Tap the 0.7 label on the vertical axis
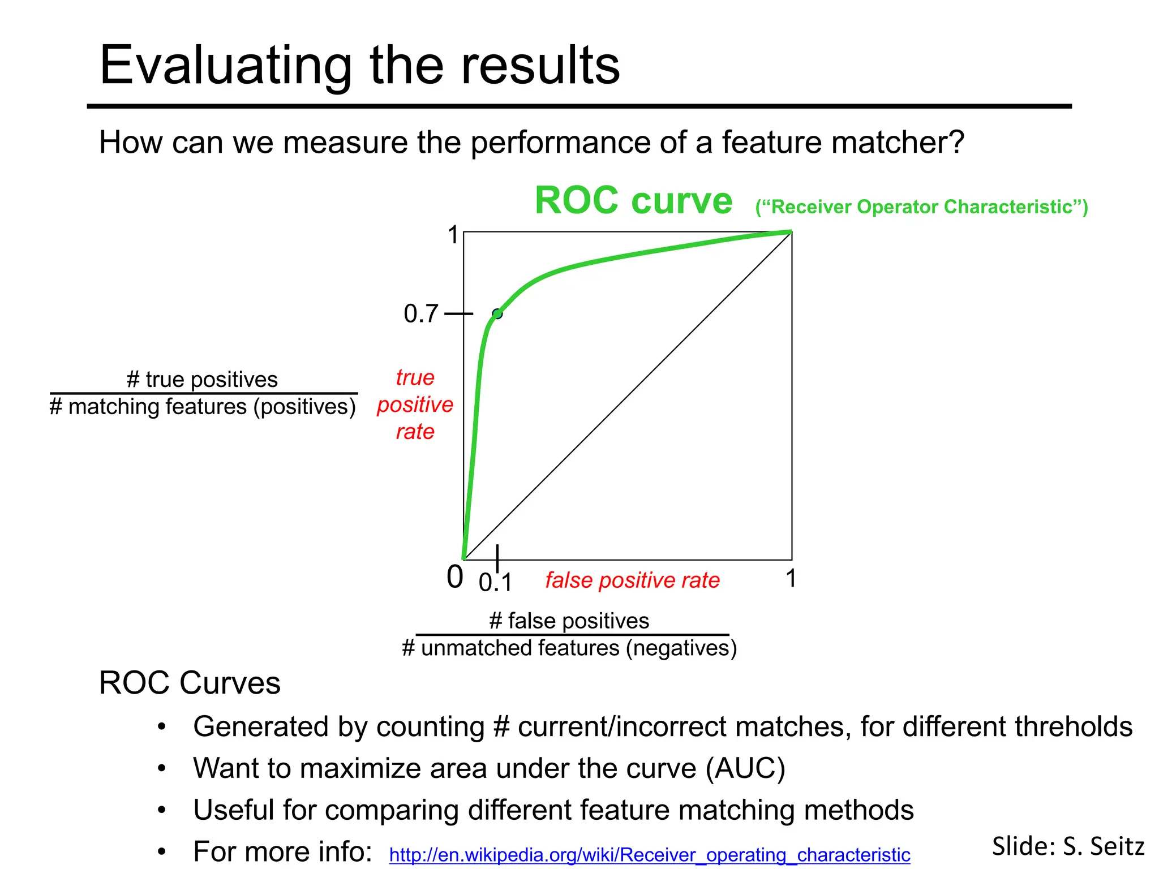coord(421,313)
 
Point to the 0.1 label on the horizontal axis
coord(495,583)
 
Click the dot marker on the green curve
coord(497,313)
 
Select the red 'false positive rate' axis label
coord(632,580)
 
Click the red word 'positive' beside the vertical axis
coord(415,405)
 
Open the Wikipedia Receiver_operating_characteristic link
coord(649,854)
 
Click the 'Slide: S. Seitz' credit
coord(1068,846)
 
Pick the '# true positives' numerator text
coord(203,379)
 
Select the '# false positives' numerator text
coord(569,621)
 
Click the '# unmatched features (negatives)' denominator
coord(569,648)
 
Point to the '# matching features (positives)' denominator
coord(203,407)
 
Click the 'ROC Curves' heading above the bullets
coord(190,683)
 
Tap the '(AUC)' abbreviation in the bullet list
coord(745,768)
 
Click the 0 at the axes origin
coord(454,578)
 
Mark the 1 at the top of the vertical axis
coord(453,235)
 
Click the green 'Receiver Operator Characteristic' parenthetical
coord(921,207)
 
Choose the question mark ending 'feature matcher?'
coord(956,142)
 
